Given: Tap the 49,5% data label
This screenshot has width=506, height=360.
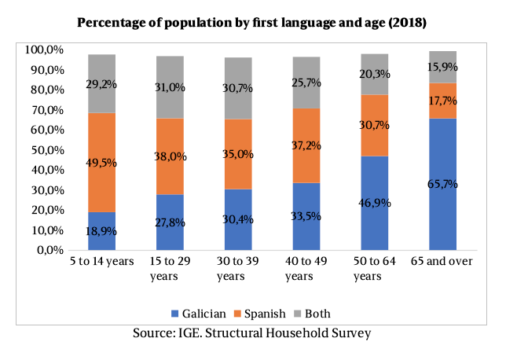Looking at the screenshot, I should pos(101,163).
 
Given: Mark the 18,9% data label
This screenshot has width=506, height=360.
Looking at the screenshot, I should pos(101,231).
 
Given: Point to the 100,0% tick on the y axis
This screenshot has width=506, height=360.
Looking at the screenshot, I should pos(46,50).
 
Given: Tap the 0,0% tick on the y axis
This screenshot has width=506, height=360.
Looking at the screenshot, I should pos(52,251).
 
